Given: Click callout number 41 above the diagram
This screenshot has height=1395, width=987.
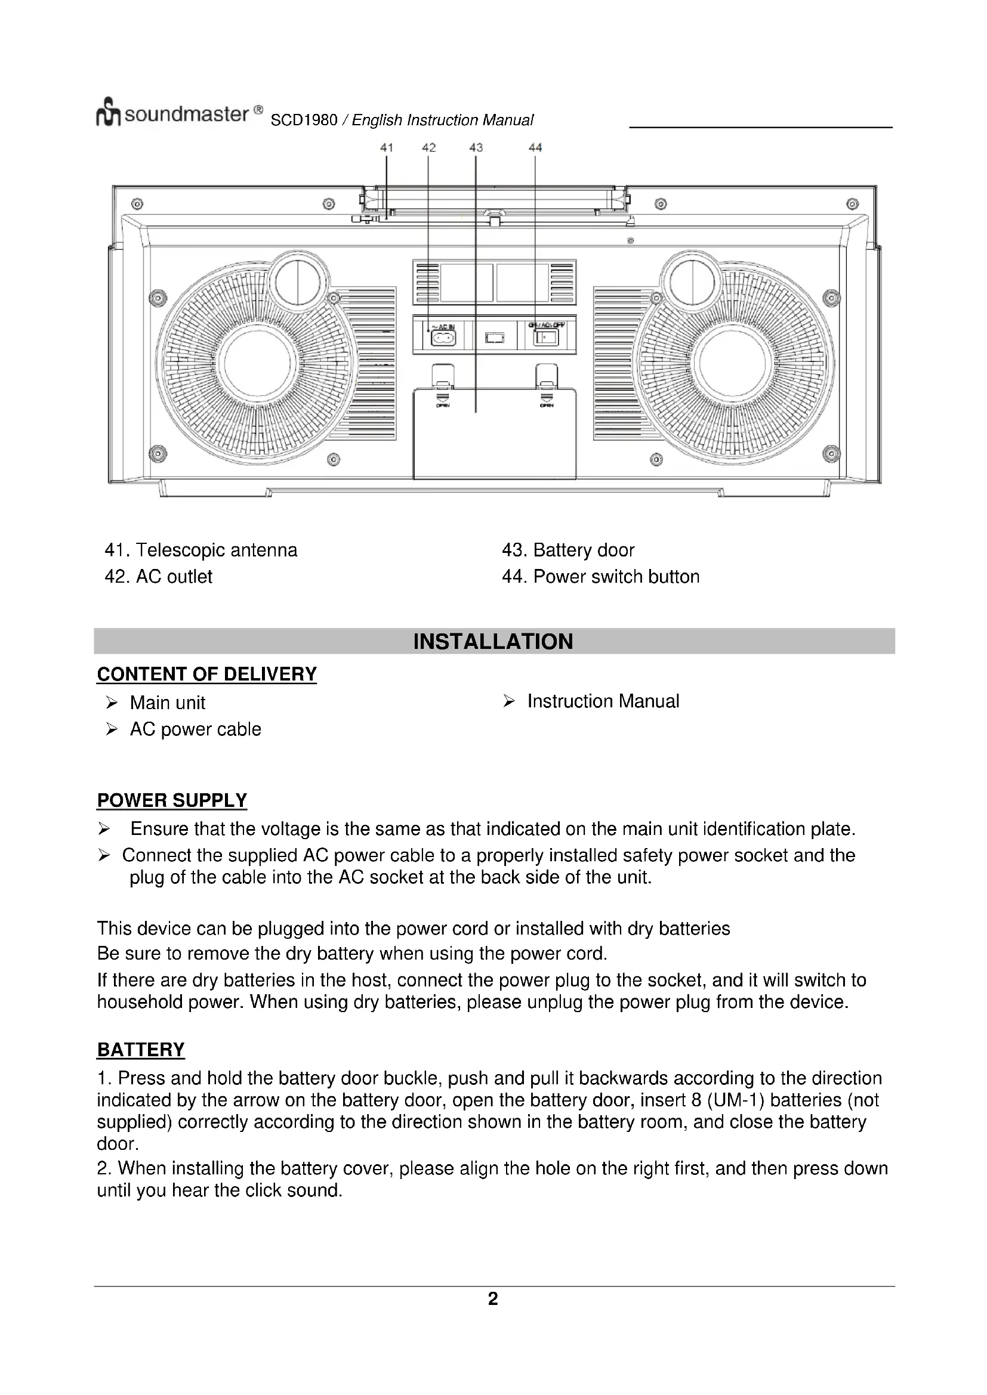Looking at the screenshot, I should pos(387,147).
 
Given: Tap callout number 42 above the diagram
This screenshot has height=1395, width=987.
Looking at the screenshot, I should pos(428,147).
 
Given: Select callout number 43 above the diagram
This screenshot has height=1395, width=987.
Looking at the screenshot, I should pos(476,147).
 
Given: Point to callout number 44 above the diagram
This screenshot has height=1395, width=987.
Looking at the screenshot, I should pos(535,147).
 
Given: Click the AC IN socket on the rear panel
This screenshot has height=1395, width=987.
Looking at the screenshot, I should pos(443,338).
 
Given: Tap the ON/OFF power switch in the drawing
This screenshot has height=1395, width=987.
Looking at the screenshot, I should pos(545,336).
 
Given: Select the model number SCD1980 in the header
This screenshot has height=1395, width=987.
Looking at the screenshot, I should pos(304,120).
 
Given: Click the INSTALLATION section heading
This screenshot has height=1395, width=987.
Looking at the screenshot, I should pos(493,642).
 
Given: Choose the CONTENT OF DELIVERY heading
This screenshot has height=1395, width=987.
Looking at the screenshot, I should pos(206,674).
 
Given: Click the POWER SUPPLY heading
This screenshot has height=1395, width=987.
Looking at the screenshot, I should pos(172,800).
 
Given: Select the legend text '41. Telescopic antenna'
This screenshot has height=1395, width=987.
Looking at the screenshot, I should pos(201,550).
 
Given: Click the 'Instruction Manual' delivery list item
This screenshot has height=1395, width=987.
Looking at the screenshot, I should pos(603,701).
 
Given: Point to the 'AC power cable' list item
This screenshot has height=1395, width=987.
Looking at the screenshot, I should pos(195,729).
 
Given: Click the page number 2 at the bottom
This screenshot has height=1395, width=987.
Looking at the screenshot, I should pos(493,1299).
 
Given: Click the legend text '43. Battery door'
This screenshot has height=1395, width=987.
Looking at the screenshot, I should pos(567,550).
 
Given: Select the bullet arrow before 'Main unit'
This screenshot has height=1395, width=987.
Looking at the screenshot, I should pos(111,703).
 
